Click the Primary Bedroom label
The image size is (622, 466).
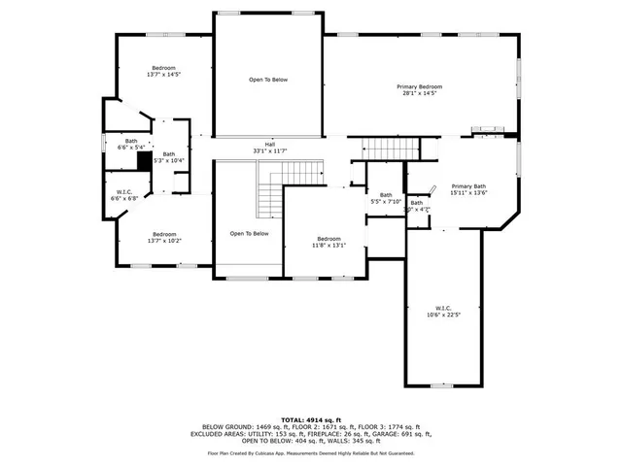pyautogui.click(x=419, y=87)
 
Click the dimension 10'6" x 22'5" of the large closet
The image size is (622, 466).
pyautogui.click(x=442, y=314)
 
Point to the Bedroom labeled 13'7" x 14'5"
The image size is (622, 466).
pyautogui.click(x=163, y=69)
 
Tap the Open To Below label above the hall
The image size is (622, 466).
pyautogui.click(x=268, y=80)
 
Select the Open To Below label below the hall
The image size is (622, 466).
pyautogui.click(x=249, y=234)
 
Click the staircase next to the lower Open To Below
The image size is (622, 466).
pyautogui.click(x=268, y=191)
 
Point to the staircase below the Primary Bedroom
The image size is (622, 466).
pyautogui.click(x=390, y=150)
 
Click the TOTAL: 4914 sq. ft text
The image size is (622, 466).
pyautogui.click(x=310, y=416)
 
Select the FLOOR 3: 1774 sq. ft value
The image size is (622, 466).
pyautogui.click(x=392, y=425)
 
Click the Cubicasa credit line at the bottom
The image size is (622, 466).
pyautogui.click(x=310, y=452)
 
